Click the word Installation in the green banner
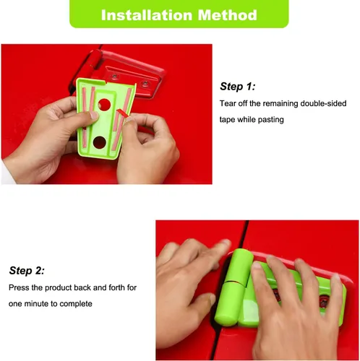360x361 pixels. tap(147, 15)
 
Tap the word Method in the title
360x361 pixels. tap(228, 15)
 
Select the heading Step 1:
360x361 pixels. tap(237, 87)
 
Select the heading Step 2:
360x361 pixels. tap(27, 271)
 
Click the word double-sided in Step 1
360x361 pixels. tap(323, 103)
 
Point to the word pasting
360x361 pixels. tap(271, 120)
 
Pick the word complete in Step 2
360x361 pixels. tap(76, 304)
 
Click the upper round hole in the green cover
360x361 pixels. tap(104, 105)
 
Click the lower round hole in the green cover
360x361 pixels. tap(100, 142)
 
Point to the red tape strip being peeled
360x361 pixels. tap(123, 113)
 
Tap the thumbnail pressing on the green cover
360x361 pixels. tap(93, 116)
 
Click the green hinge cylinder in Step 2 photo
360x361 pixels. tap(233, 287)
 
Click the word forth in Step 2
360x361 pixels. tap(119, 287)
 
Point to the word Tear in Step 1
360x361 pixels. tap(228, 103)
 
